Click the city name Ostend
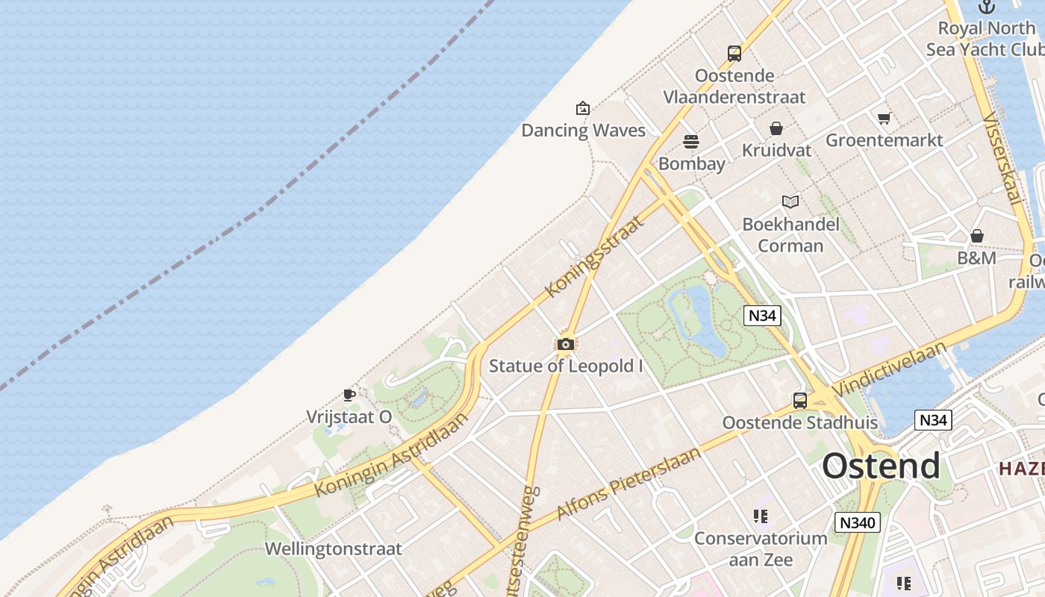click(x=881, y=466)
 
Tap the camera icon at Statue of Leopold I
click(x=566, y=344)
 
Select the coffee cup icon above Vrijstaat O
click(x=349, y=395)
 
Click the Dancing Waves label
click(x=583, y=131)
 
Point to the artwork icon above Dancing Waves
click(x=583, y=109)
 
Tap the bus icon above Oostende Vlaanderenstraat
click(x=734, y=54)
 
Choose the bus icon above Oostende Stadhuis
click(x=800, y=401)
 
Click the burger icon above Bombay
click(x=691, y=142)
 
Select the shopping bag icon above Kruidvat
click(x=776, y=128)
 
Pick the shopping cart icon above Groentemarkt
click(x=885, y=118)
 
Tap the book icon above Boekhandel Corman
click(x=790, y=201)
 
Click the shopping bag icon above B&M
click(x=977, y=237)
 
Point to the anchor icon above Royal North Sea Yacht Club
click(x=987, y=7)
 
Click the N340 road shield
click(x=857, y=522)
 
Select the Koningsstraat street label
click(x=594, y=256)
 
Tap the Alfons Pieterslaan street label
click(x=629, y=483)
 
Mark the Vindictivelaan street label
click(x=889, y=369)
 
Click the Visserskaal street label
click(x=1002, y=158)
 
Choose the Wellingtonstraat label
click(x=334, y=549)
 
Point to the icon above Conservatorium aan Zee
click(x=761, y=516)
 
